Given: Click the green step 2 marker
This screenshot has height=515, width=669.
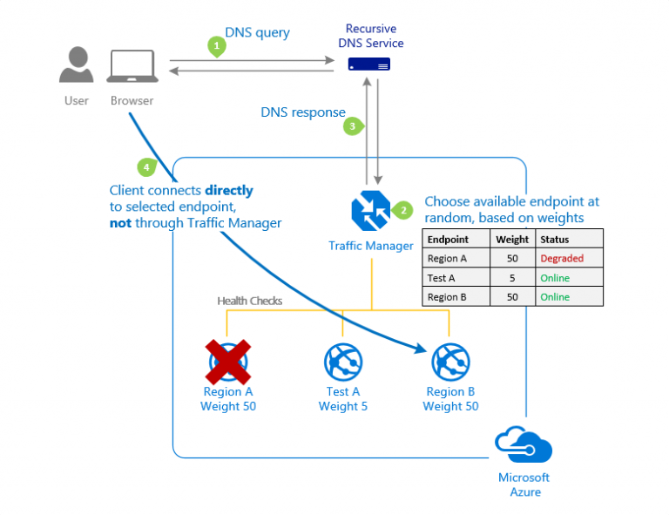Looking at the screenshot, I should (x=402, y=210).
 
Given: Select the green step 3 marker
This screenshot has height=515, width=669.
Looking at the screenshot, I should (x=352, y=126).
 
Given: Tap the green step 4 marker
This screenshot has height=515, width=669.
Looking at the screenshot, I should (x=147, y=166).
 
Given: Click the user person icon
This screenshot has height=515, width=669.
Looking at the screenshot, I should (x=77, y=67).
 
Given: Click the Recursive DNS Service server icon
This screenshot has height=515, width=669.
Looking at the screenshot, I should (x=369, y=64).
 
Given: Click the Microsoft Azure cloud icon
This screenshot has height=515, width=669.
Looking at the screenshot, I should (x=524, y=445).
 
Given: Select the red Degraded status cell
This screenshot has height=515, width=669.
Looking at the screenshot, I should (x=562, y=258).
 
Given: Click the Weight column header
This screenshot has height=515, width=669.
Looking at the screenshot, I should (x=512, y=239).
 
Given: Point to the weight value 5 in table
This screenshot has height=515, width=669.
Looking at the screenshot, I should (x=512, y=278).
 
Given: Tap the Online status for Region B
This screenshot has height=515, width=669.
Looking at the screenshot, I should (x=555, y=297).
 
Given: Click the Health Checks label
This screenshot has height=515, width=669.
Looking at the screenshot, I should (x=249, y=301).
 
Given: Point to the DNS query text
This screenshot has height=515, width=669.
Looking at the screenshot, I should (x=257, y=33).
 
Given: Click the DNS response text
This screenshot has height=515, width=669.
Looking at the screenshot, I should (x=302, y=112).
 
